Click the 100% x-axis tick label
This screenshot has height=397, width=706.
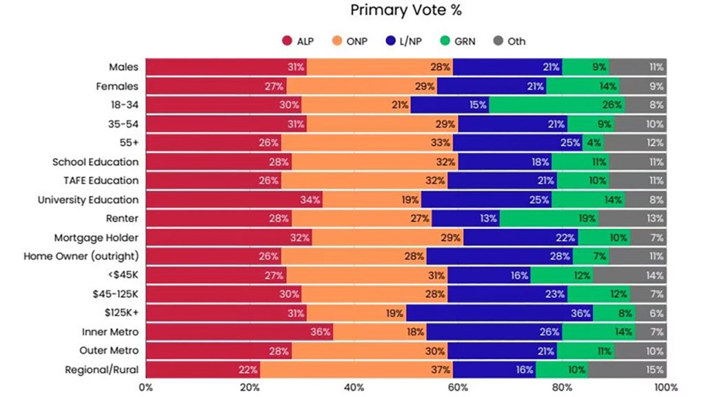tap(665, 387)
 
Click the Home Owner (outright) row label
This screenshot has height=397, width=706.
tap(81, 256)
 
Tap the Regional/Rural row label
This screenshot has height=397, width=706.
tap(101, 369)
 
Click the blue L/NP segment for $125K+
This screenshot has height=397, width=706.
tap(499, 313)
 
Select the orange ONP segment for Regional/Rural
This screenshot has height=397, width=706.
tap(356, 369)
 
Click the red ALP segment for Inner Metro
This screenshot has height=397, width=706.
tap(239, 332)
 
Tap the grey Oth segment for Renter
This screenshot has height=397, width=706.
tap(632, 218)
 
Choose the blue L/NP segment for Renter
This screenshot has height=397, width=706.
tap(465, 218)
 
